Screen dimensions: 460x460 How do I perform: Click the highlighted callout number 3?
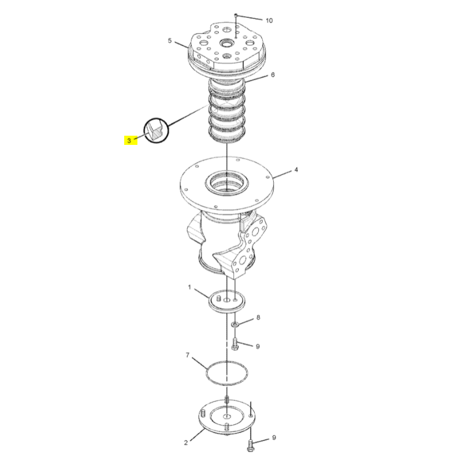[129, 140]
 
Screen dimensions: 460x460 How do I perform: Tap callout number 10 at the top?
[269, 21]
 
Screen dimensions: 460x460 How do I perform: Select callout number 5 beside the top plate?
[170, 40]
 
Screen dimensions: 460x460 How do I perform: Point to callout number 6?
[273, 75]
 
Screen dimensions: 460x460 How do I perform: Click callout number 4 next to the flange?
[296, 170]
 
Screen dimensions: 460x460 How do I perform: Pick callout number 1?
[190, 287]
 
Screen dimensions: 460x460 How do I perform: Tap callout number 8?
[258, 317]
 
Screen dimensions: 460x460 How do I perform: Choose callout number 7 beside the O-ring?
[187, 355]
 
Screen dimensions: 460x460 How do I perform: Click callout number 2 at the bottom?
[186, 443]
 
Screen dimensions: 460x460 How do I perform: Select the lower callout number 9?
[274, 438]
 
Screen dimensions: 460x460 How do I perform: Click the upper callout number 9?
[258, 347]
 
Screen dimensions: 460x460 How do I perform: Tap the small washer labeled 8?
[235, 324]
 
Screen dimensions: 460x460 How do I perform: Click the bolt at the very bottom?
[251, 444]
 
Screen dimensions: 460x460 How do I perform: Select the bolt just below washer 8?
[235, 344]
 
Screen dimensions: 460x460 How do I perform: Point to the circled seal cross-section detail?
[156, 131]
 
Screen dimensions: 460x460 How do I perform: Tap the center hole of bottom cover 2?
[227, 416]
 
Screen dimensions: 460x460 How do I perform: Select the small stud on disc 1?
[218, 298]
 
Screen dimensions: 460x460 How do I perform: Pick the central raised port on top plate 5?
[227, 44]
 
